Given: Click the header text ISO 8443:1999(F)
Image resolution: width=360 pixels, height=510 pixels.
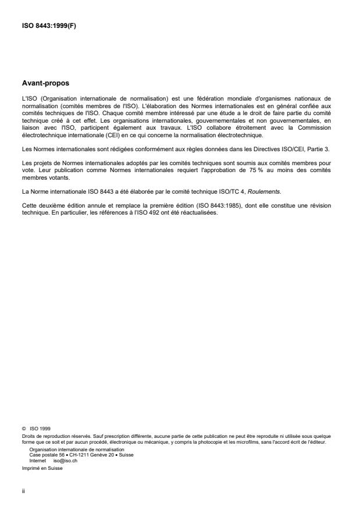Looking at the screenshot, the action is pyautogui.click(x=47, y=25).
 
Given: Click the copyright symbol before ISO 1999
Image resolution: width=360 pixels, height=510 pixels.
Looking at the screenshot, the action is pyautogui.click(x=24, y=429).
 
